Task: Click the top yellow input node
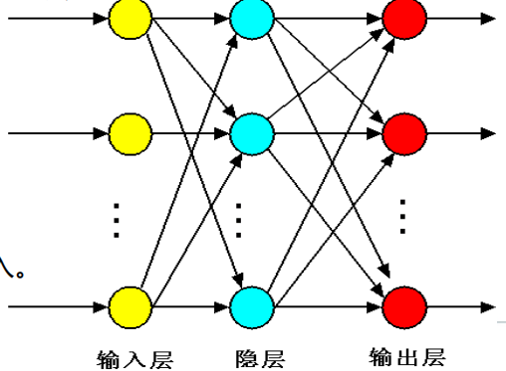click(129, 17)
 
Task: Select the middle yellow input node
click(129, 131)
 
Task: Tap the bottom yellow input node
click(129, 303)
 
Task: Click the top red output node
click(403, 17)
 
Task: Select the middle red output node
click(403, 131)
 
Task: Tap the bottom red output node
click(403, 303)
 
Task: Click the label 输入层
click(129, 357)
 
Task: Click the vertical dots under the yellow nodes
click(117, 219)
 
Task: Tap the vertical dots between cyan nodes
click(240, 218)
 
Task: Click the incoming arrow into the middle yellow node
click(60, 131)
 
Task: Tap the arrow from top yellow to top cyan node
click(189, 17)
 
